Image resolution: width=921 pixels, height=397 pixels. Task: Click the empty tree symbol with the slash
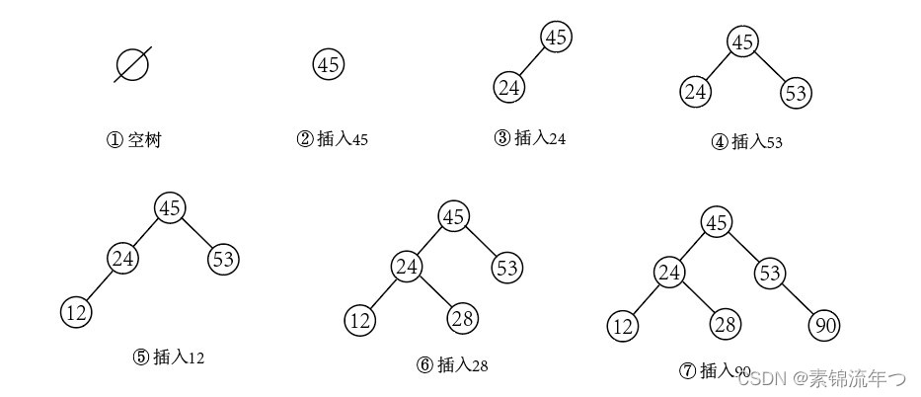132,65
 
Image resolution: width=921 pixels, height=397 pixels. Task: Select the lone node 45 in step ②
329,65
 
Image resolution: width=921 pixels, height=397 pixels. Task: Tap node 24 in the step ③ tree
509,88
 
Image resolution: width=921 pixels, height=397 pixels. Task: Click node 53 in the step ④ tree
796,94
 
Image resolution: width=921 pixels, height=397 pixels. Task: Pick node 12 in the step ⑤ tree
76,312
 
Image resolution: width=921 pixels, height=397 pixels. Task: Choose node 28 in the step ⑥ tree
463,319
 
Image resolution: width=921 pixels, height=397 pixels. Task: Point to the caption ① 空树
134,140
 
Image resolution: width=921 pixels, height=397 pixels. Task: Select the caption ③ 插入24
530,138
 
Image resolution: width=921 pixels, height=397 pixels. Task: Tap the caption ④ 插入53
747,141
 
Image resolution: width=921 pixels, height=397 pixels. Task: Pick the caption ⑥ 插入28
452,364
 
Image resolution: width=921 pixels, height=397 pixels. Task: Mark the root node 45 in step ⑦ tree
717,223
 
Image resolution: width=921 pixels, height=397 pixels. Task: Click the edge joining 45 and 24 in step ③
533,63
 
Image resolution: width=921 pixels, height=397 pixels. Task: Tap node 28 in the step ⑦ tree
725,325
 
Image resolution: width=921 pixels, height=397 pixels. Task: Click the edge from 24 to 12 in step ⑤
100,285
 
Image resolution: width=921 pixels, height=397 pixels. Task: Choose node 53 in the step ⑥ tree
507,268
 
